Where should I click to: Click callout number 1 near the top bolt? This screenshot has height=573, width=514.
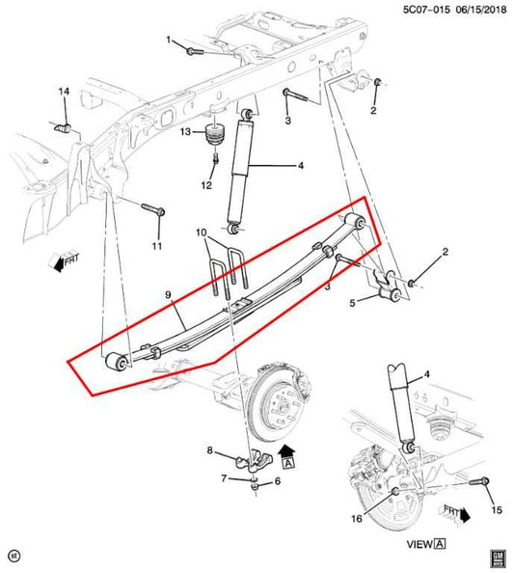pos(167,40)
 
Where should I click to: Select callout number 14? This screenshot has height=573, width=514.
pos(64,92)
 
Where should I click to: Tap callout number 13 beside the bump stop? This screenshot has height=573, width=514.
pos(186,132)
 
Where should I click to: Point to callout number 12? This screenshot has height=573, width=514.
pos(205,185)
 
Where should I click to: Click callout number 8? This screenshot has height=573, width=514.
pos(209,450)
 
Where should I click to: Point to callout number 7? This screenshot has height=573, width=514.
pos(225,479)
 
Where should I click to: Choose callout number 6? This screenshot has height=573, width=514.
pos(277,481)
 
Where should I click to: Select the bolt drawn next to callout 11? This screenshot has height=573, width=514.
pos(151,208)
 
